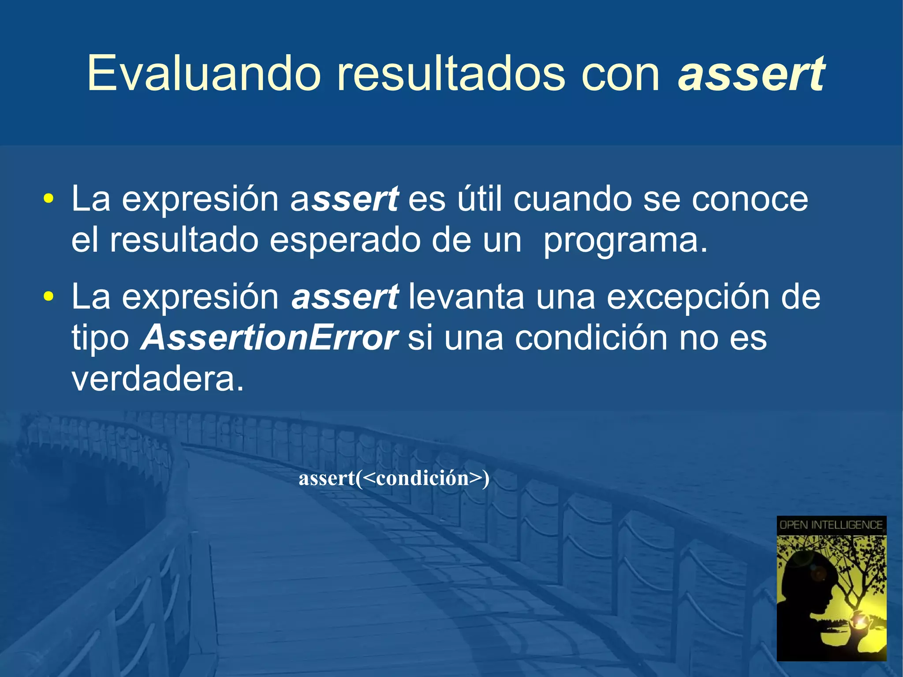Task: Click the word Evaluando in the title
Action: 203,73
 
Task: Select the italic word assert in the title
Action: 751,73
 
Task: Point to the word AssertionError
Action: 269,338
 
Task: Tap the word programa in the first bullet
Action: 625,241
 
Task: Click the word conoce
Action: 750,199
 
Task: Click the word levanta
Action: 466,297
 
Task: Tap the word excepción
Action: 688,297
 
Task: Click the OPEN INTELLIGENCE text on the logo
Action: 831,525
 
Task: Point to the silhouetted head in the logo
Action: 807,582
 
